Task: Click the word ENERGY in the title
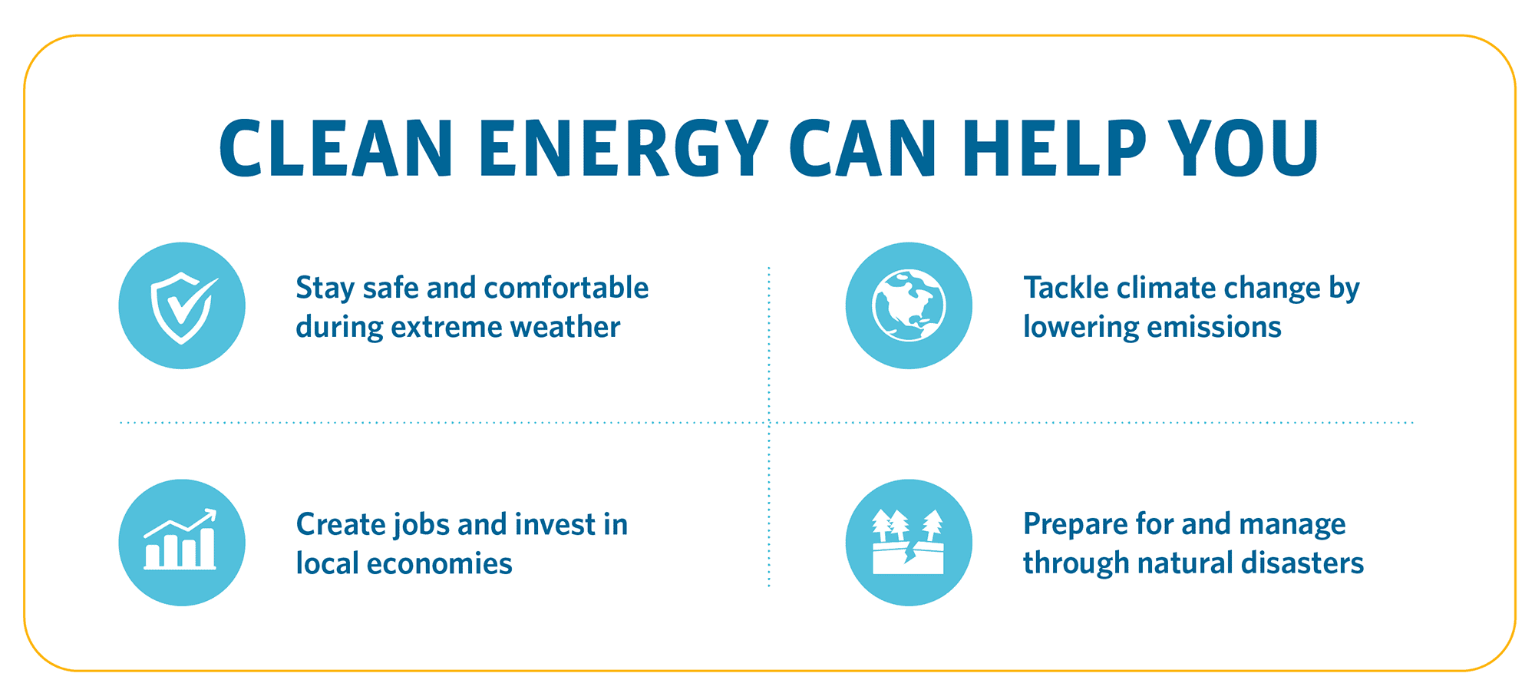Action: pos(624,147)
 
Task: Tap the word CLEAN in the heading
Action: pos(335,147)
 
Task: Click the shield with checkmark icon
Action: pos(182,306)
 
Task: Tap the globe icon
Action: pos(909,306)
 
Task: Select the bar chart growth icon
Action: pos(182,543)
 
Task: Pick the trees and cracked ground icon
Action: pos(909,543)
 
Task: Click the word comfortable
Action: pos(566,288)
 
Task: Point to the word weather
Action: pos(565,328)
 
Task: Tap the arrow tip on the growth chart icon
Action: pos(214,512)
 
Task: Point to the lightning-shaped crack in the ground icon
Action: pos(911,552)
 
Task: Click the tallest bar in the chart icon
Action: pos(207,547)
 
